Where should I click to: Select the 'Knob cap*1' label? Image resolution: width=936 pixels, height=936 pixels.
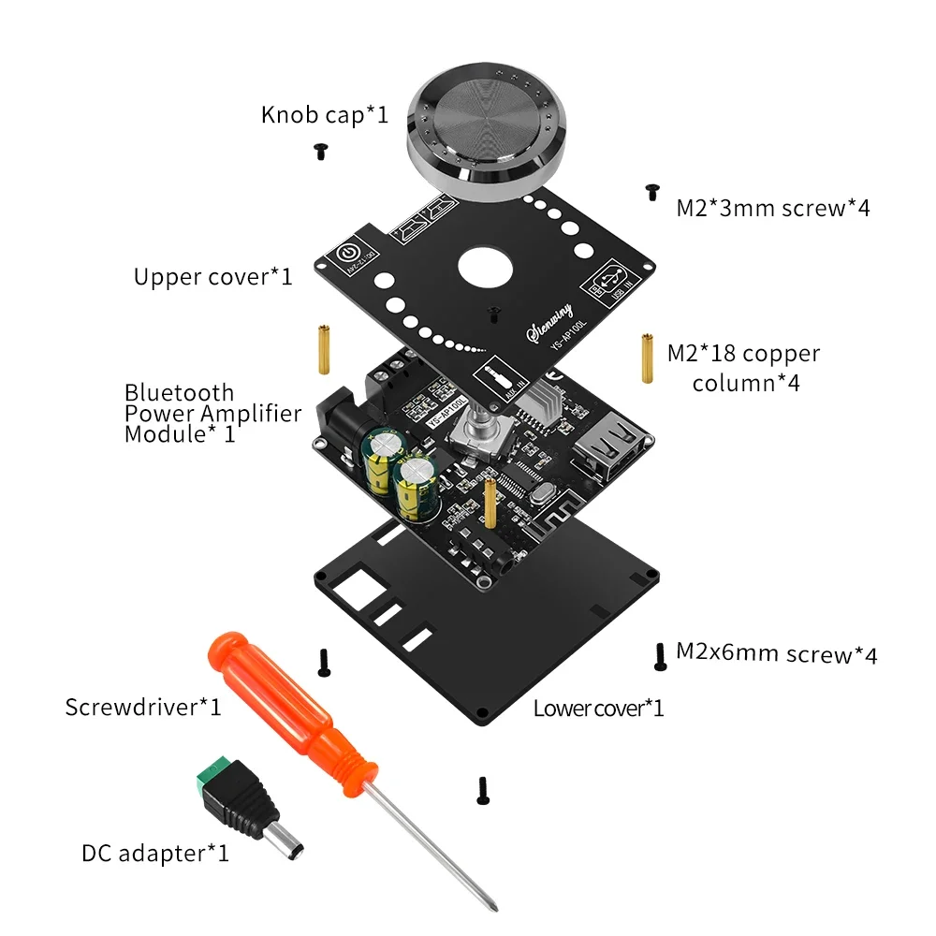324,115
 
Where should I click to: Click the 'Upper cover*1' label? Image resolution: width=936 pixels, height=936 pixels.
212,277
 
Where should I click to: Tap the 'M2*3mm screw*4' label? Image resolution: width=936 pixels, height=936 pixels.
772,208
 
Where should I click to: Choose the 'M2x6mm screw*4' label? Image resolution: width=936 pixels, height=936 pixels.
776,653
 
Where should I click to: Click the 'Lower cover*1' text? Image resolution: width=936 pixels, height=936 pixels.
598,708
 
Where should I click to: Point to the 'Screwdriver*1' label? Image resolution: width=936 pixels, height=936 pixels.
143,707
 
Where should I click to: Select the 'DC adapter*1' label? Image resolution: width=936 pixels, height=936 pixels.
154,853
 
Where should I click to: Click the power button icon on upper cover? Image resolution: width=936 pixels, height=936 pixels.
347,253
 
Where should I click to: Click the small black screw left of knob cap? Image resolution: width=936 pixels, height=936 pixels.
320,151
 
